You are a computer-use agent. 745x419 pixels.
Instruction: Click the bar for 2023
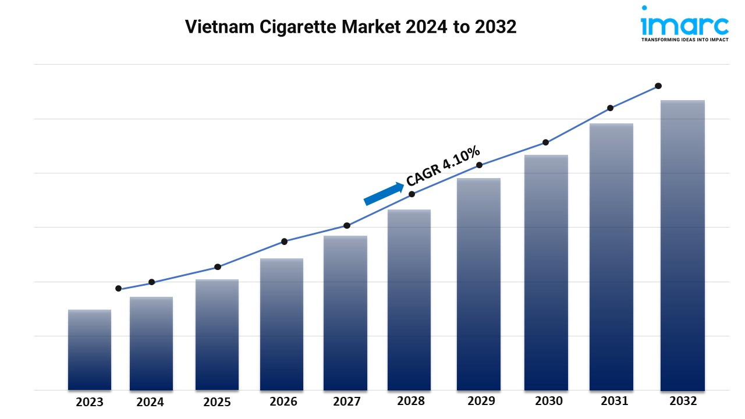90,350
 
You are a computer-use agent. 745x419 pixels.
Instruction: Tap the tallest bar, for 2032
682,245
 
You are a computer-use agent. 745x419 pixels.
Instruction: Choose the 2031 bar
611,257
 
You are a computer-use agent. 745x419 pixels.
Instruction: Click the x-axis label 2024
151,402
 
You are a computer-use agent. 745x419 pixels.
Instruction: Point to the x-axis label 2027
346,402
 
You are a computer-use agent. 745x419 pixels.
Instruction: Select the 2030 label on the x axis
548,401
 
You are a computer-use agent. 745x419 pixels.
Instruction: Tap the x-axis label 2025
217,402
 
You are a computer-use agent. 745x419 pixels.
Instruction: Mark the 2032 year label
683,401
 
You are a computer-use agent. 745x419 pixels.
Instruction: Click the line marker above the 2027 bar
347,225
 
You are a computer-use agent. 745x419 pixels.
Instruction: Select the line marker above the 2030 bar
546,142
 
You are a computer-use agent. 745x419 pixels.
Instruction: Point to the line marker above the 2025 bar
218,267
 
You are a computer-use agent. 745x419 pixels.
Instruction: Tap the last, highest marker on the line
658,86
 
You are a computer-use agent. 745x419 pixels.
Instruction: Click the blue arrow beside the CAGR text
384,194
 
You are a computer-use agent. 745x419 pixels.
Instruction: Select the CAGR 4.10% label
444,166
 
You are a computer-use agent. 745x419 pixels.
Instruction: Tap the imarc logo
684,23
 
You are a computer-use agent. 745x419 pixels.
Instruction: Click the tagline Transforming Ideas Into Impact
684,40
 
